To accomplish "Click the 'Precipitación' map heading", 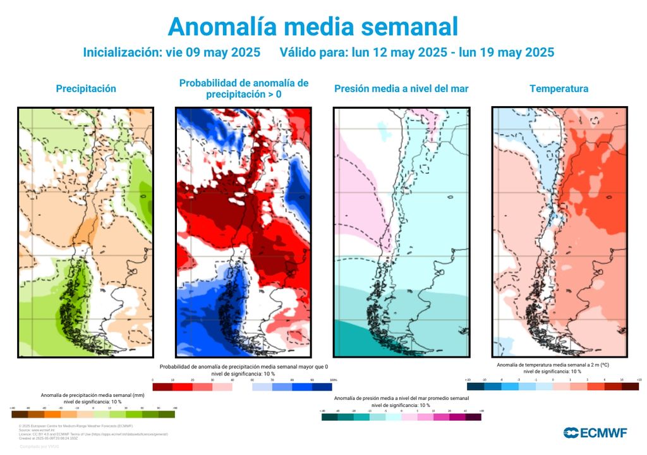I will click(86, 89).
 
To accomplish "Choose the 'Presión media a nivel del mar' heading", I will click(401, 89).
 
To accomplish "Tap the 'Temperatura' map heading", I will click(559, 89).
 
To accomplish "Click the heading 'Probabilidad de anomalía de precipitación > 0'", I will click(244, 88).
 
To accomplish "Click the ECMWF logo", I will click(595, 433).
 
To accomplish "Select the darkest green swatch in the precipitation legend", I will click(167, 415).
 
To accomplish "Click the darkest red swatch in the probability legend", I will click(162, 387).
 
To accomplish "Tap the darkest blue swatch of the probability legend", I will click(322, 387).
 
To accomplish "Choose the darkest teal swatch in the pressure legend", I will click(329, 417).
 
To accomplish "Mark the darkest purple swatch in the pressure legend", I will click(473, 417).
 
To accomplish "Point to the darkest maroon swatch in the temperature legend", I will click(629, 386).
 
